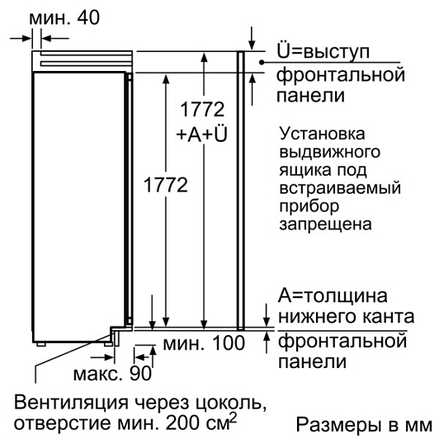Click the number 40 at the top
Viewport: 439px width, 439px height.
click(x=88, y=17)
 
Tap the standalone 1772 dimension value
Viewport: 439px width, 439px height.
click(x=166, y=185)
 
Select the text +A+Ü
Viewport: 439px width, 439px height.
click(x=201, y=135)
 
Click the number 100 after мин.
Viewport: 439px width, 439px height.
click(x=229, y=343)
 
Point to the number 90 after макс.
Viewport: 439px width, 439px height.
click(x=140, y=373)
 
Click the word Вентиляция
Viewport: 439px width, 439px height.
click(x=72, y=403)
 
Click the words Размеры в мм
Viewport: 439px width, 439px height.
click(x=364, y=426)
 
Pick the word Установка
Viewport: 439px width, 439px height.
click(x=323, y=134)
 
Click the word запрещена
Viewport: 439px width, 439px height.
click(x=325, y=224)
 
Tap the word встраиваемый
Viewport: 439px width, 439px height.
click(x=340, y=187)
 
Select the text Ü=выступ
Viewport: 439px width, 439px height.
click(x=323, y=51)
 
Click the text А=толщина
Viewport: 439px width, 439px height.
click(x=333, y=295)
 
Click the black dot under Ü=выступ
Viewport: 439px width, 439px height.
click(x=262, y=63)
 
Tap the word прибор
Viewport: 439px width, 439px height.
click(x=309, y=206)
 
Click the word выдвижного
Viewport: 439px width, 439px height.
click(x=330, y=152)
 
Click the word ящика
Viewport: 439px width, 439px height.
click(x=305, y=170)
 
